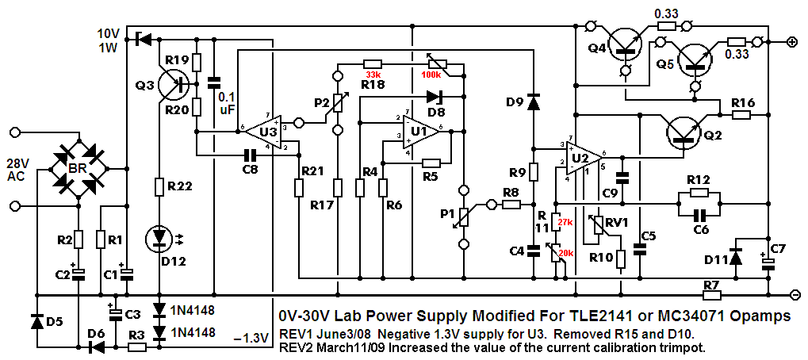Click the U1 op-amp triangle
click(421, 132)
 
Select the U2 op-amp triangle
click(583, 156)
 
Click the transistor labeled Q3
click(171, 82)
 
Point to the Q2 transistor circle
click(680, 133)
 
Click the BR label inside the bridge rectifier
click(79, 168)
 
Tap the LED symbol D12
click(159, 239)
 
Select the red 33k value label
click(372, 74)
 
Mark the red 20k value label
click(568, 255)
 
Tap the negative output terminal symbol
click(795, 295)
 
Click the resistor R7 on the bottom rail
click(711, 295)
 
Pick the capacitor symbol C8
click(250, 154)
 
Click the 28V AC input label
click(20, 168)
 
